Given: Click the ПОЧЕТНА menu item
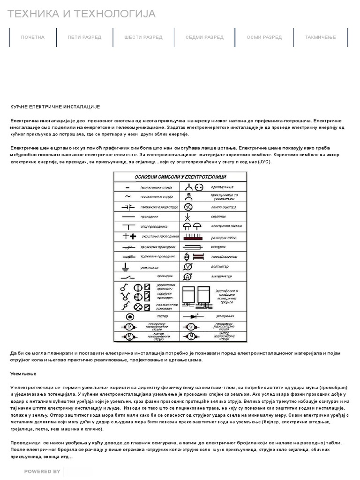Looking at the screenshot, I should coord(33,37).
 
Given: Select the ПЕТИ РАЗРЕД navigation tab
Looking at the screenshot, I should coord(84,37).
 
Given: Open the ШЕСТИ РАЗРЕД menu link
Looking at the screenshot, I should coord(143,37).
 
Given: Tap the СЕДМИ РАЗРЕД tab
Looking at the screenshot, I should coord(204,37).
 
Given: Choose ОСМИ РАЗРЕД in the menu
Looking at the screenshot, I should coord(264,37).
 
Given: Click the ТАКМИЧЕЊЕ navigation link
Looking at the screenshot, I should coord(321,37).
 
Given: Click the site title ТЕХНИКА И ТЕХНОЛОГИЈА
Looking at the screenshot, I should coord(82,14).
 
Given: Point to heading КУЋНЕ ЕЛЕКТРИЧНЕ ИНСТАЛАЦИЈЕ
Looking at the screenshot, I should coord(55,107).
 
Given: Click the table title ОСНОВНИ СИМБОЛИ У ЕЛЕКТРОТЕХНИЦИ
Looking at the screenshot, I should coord(180,177).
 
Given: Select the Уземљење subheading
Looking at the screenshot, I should coord(23,374).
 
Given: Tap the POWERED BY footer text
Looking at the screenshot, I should coord(42,472).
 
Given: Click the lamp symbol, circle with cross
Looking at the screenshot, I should coord(188,207).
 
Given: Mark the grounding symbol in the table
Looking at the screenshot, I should coord(125,266).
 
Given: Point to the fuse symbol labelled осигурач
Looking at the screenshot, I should coord(192,246).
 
